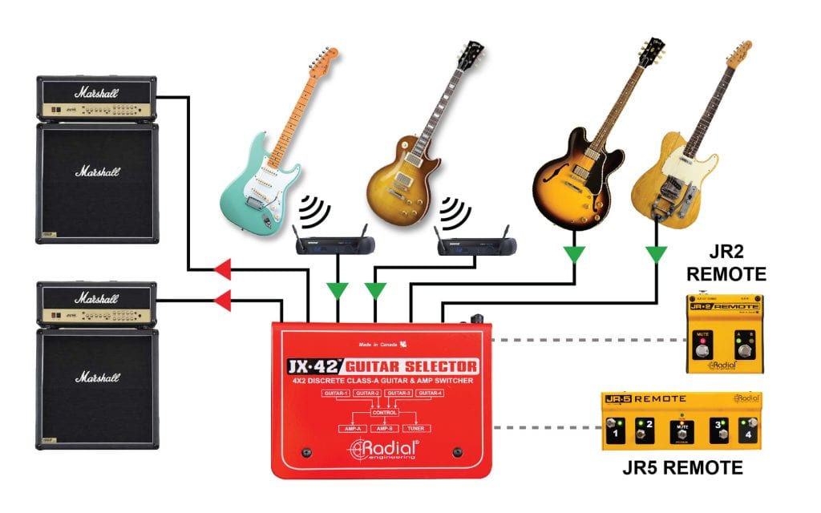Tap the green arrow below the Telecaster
click(657, 255)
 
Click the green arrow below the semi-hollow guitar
click(574, 255)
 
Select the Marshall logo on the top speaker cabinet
click(97, 172)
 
